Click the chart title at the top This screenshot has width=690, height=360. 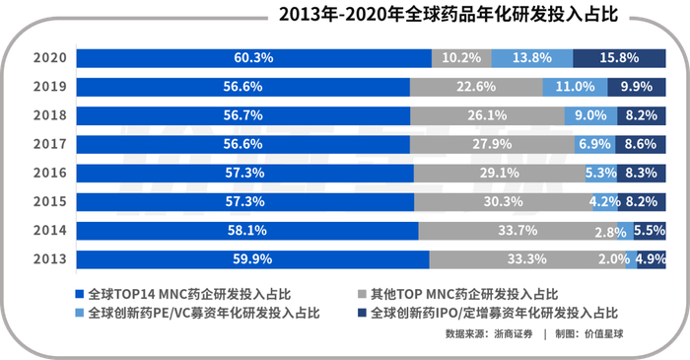[x=448, y=14]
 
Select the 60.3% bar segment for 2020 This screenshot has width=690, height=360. [x=254, y=58]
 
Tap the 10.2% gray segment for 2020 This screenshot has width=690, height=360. [x=461, y=58]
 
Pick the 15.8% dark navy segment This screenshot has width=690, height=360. [x=619, y=58]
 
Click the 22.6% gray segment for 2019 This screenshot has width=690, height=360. [x=476, y=87]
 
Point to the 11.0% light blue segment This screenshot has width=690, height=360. [x=575, y=87]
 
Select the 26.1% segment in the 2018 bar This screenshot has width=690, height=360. [x=488, y=115]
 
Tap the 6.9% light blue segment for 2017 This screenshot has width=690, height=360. [x=594, y=144]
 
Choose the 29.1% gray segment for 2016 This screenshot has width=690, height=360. [x=500, y=173]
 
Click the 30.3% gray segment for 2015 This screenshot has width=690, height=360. [x=504, y=202]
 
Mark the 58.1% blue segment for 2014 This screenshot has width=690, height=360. [x=247, y=231]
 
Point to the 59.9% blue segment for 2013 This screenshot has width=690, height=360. [x=252, y=259]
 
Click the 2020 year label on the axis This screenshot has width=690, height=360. [x=49, y=58]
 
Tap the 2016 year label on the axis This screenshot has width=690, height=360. [x=49, y=173]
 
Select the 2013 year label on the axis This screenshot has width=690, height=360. [x=49, y=259]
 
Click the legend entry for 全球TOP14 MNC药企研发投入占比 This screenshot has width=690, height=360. [x=183, y=294]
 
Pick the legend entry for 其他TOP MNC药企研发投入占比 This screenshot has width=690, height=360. [x=458, y=294]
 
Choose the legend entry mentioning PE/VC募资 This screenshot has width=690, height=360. [x=197, y=313]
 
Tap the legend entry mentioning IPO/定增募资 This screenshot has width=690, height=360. [x=488, y=313]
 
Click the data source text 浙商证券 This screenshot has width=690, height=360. [x=514, y=334]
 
